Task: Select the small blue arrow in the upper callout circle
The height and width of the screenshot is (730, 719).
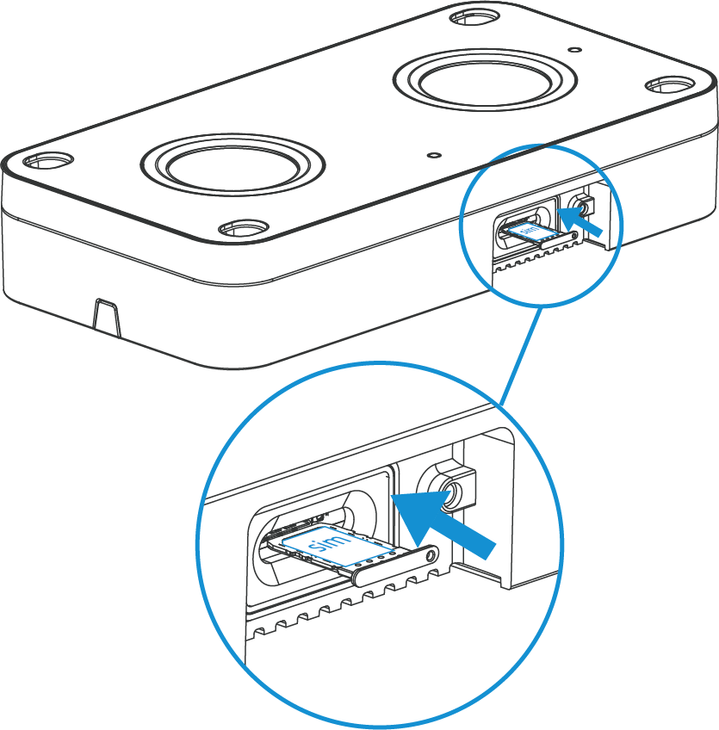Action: click(580, 223)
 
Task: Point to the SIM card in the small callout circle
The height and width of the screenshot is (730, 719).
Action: click(531, 231)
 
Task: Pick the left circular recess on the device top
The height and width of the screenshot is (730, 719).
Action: click(232, 164)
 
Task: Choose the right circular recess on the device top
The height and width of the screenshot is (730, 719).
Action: click(486, 81)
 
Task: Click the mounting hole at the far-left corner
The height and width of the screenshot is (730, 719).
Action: click(48, 161)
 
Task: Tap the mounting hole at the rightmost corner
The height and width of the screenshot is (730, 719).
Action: click(670, 85)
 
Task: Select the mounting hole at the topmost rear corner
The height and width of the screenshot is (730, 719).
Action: click(475, 18)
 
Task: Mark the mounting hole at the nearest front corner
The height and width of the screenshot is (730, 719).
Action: click(244, 229)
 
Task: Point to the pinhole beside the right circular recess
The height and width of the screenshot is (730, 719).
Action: click(576, 49)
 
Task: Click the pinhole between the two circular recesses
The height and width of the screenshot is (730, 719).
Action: click(435, 155)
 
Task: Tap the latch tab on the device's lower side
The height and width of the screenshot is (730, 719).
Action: click(108, 318)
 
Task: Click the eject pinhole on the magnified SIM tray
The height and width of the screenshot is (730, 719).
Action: click(431, 555)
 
